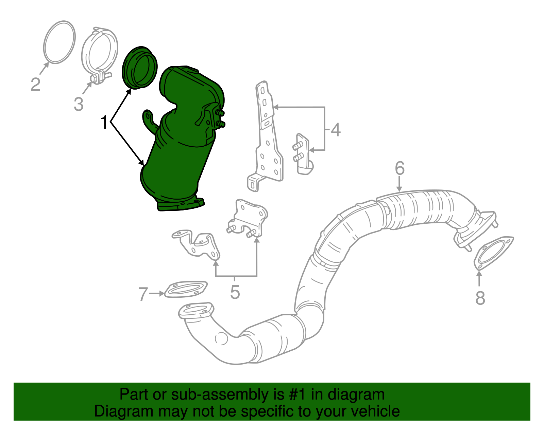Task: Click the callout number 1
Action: tap(104, 123)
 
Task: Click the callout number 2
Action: tap(35, 85)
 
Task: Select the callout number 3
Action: tap(79, 104)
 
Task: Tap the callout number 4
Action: tap(336, 130)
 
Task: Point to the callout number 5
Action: tap(235, 292)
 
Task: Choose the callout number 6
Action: tap(400, 168)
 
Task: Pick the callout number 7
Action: tap(143, 294)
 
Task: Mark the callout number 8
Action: tap(480, 298)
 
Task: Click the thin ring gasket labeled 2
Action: tap(60, 42)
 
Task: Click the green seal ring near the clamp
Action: tap(139, 68)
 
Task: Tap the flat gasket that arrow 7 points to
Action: tap(186, 290)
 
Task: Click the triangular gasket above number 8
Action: tap(493, 253)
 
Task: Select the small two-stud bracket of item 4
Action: tap(303, 154)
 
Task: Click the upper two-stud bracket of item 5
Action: tap(248, 217)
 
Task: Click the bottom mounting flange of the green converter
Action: tap(180, 205)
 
